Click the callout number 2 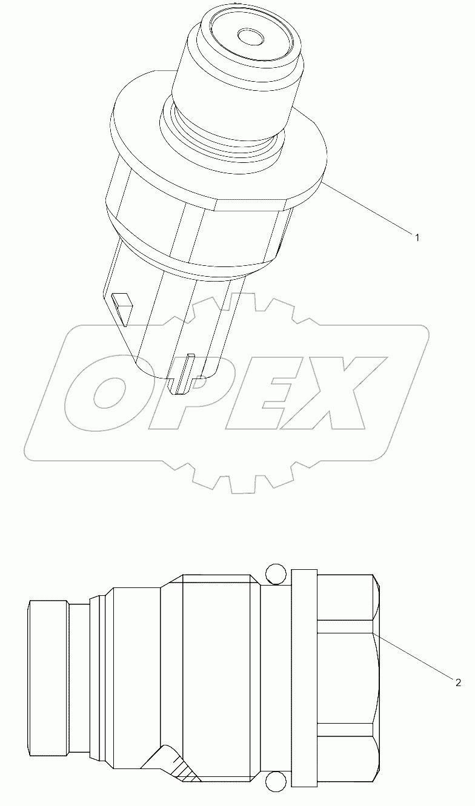pyautogui.click(x=458, y=683)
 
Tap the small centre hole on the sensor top pyautogui.click(x=250, y=38)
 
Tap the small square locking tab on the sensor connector pyautogui.click(x=123, y=301)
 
